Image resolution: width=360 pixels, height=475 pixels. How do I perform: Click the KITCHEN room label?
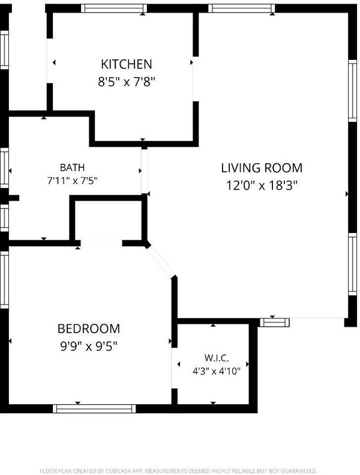[x=126, y=64]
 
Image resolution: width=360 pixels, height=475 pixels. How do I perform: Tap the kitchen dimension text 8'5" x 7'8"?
[x=126, y=82]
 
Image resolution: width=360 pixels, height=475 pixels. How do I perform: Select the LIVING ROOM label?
[x=262, y=168]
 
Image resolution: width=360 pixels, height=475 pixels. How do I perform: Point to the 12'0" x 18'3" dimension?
[x=262, y=185]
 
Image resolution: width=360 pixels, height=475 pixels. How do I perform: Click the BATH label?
[x=73, y=167]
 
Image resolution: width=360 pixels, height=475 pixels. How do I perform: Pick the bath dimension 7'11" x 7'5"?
[x=73, y=181]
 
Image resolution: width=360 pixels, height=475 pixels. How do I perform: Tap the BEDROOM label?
[x=89, y=328]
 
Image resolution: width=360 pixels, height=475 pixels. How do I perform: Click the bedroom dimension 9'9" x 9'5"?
[x=89, y=346]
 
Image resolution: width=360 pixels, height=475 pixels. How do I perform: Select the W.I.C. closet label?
[x=217, y=358]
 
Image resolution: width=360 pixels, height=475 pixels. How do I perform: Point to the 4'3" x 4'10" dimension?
[x=217, y=371]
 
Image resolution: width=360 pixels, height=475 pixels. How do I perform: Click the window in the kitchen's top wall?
[x=114, y=8]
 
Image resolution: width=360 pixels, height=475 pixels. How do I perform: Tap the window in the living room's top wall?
[x=242, y=8]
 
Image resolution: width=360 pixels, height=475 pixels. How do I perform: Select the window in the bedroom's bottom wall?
[x=94, y=409]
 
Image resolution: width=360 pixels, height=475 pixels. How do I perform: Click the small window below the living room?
[x=275, y=322]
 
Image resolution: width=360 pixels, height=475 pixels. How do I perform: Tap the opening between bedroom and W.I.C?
[x=174, y=368]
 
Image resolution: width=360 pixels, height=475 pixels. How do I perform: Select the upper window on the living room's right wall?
[x=352, y=91]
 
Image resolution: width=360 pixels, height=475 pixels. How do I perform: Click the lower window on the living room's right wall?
[x=352, y=264]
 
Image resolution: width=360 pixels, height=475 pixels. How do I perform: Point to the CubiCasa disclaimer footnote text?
[x=178, y=471]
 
